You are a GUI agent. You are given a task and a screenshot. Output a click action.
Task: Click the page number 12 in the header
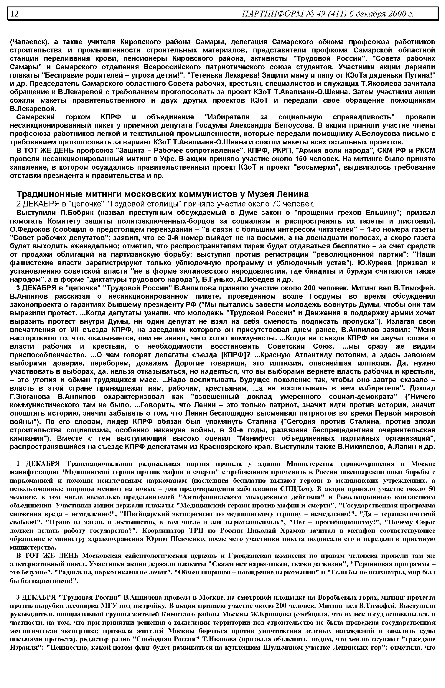click(x=14, y=14)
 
